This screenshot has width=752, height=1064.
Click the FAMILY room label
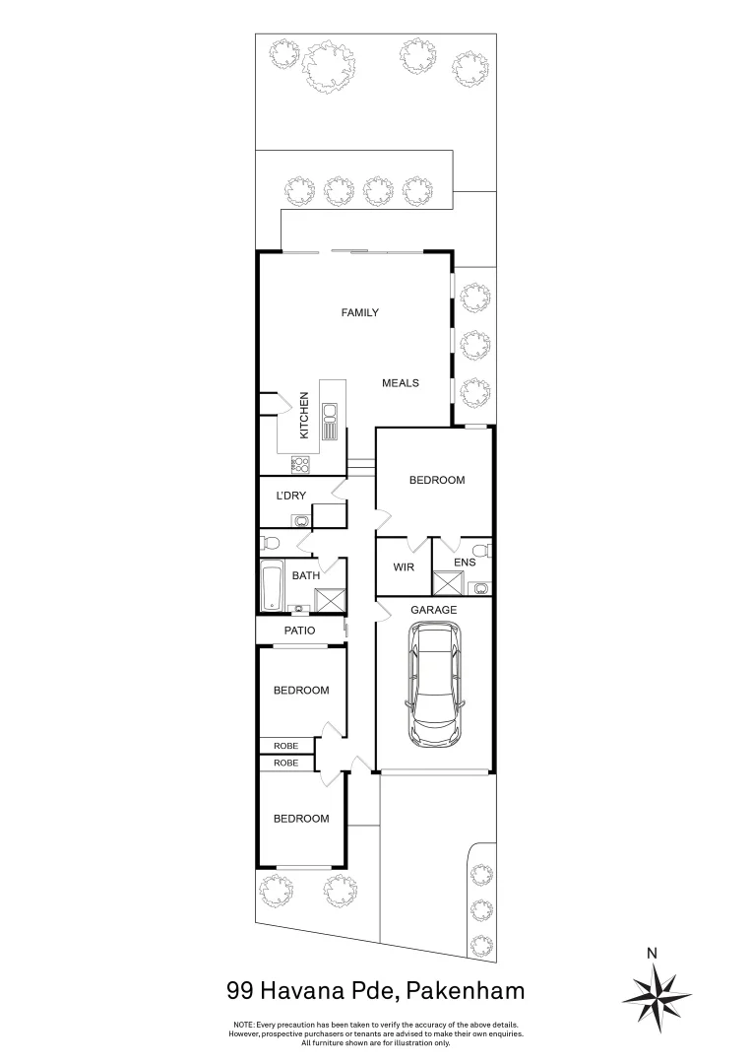coord(359,312)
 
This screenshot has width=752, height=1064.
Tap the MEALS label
coord(401,383)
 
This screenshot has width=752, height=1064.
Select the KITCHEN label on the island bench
coord(304,416)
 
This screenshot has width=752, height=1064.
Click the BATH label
coord(304,575)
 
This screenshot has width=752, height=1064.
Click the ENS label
coord(464,563)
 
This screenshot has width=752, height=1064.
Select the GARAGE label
coord(434,610)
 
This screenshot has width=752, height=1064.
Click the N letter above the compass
coord(651,952)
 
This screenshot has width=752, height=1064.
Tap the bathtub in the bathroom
coord(272,587)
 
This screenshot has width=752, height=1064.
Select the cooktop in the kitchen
coord(300,464)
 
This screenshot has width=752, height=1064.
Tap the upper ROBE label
coord(285,746)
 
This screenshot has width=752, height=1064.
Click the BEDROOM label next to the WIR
coord(436,480)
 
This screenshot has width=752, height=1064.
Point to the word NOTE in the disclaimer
coord(243,1025)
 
